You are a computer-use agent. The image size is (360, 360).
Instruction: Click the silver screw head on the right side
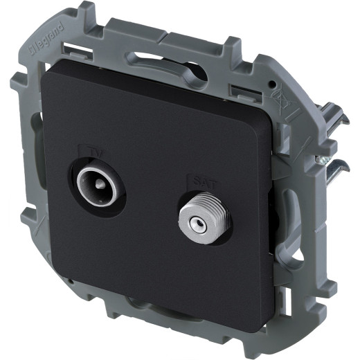tap(322, 160)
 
